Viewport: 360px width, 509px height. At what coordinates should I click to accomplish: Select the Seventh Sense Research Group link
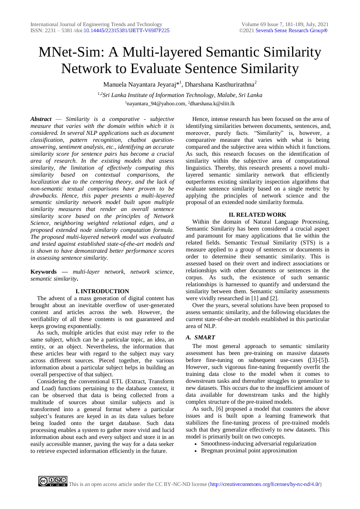(x=291, y=30)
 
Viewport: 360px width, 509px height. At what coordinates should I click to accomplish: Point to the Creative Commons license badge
(x=52, y=481)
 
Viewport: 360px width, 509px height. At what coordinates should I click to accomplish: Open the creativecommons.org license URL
(x=265, y=484)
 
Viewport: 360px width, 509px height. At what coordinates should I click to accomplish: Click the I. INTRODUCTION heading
(x=102, y=291)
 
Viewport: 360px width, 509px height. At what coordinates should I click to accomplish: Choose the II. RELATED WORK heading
(x=258, y=214)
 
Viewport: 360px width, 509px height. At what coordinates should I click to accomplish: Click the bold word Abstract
(x=41, y=119)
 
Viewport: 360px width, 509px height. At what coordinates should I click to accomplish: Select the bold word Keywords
(x=44, y=271)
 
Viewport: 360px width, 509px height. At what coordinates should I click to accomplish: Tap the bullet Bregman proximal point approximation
(x=249, y=450)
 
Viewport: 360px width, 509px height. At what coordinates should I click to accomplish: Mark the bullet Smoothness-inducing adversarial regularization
(x=259, y=443)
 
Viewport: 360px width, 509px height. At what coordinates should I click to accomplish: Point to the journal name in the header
(x=96, y=24)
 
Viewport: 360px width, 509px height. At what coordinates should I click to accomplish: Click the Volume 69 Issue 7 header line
(x=285, y=24)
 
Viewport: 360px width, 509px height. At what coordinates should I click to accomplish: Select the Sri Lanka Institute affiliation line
(x=180, y=95)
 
